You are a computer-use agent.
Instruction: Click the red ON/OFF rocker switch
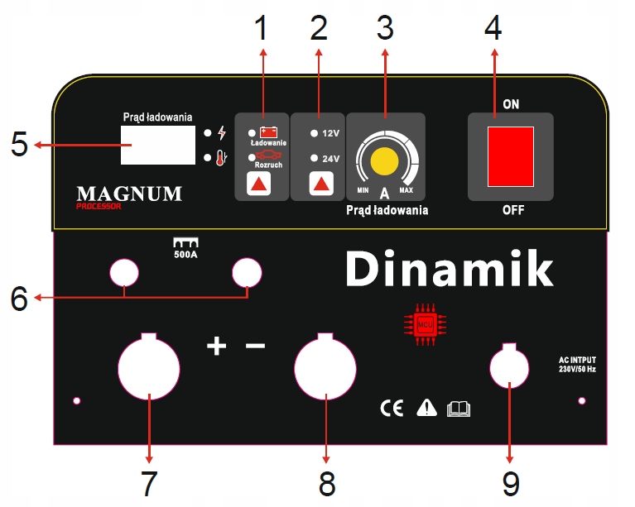point(510,156)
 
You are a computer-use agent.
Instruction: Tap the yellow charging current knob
point(384,162)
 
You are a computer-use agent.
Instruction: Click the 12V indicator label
point(330,132)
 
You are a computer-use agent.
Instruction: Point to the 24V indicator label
point(330,158)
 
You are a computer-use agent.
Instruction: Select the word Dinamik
point(448,269)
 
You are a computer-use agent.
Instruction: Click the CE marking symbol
point(392,408)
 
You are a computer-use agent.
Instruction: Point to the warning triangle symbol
point(426,407)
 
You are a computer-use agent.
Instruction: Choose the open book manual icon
point(458,408)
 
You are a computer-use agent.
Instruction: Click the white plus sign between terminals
point(216,346)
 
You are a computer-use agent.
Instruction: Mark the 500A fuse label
point(185,249)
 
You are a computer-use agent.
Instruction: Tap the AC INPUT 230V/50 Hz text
point(578,365)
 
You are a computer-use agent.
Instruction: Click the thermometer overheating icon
point(220,158)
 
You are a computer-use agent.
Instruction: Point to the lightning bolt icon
point(220,132)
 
